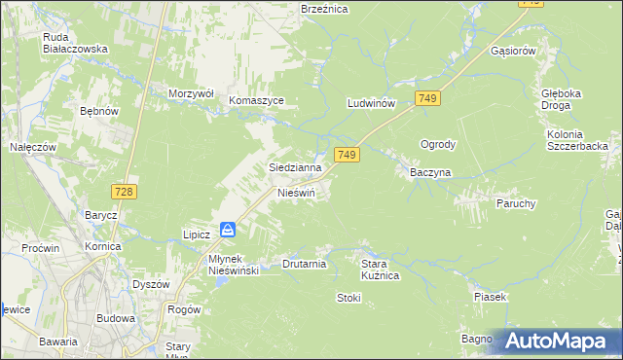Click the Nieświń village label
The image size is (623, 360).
coord(297,193)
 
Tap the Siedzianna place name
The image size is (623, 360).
coord(295,167)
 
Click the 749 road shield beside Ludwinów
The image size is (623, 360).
coord(427,98)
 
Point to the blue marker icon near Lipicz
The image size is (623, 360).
coord(227,230)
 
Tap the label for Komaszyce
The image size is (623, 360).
coord(256,100)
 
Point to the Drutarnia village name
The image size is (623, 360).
coord(303,264)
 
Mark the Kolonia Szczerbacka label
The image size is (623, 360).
coord(577,139)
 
